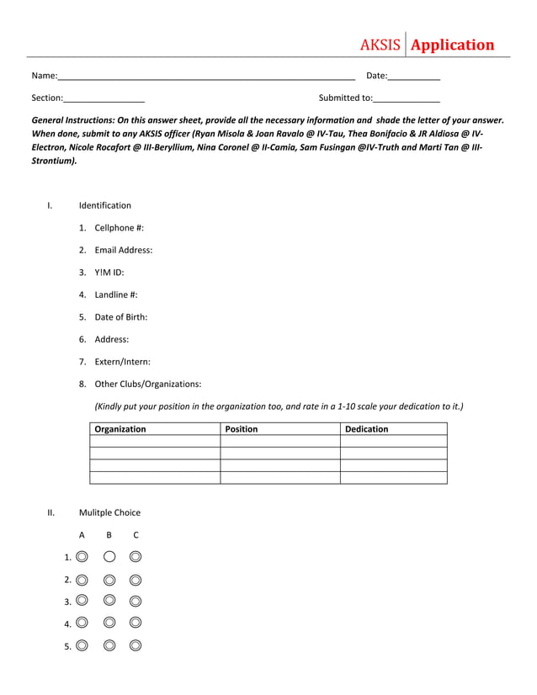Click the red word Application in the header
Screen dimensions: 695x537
pos(452,45)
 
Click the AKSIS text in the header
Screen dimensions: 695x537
pos(380,45)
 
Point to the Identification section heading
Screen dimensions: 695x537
pos(105,205)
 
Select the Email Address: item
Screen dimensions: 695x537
pos(123,250)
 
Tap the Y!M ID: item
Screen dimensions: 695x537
pos(109,273)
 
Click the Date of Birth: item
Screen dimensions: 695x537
pos(120,317)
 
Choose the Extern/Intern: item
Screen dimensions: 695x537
pos(122,362)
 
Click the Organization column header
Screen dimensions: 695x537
pos(120,429)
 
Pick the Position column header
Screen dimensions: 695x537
pos(242,429)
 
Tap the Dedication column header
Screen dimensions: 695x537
pos(367,429)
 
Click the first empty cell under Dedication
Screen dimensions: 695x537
pos(393,441)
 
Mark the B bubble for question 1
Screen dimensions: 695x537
pos(109,556)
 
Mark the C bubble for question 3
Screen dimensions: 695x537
pos(136,601)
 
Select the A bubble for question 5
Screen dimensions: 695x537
pos(82,645)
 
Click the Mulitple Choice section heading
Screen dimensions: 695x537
pos(109,512)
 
